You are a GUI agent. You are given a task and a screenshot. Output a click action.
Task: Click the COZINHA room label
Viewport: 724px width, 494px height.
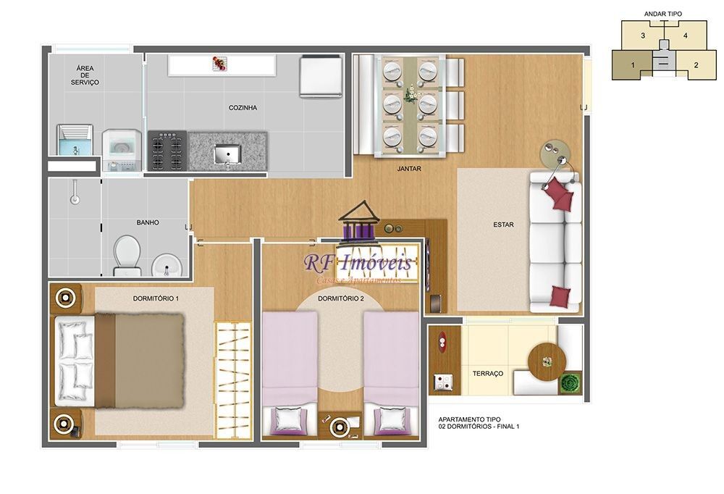243,108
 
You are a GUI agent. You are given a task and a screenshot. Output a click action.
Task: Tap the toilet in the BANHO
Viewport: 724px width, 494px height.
127,256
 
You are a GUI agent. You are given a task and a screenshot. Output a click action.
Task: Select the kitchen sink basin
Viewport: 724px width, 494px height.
227,154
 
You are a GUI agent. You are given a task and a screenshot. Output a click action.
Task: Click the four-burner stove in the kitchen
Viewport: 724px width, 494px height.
167,151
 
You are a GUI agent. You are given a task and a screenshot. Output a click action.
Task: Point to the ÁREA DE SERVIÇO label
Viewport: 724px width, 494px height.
85,75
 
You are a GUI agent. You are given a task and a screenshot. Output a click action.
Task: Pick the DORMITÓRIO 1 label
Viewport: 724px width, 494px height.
156,298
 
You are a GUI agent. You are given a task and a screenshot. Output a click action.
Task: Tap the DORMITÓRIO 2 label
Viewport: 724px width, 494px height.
340,298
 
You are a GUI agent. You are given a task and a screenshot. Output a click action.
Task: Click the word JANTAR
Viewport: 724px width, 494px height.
409,169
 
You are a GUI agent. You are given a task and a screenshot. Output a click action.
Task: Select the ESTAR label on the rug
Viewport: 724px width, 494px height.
503,225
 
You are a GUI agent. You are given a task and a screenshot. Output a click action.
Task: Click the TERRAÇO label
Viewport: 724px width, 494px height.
487,373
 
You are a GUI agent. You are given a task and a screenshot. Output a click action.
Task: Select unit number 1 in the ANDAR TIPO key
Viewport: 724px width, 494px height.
633,65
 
